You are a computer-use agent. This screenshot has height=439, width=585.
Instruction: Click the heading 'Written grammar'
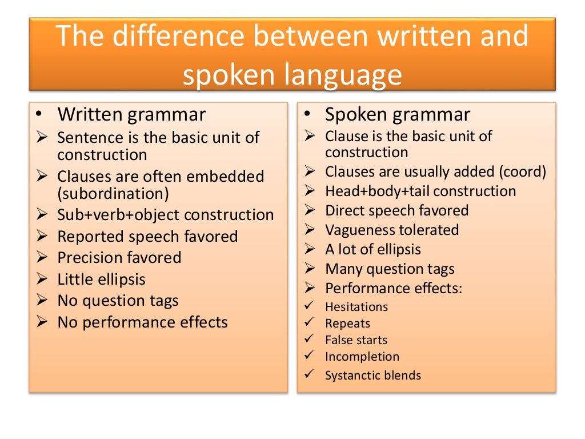click(x=131, y=114)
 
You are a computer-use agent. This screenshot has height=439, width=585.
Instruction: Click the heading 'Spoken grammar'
click(x=398, y=114)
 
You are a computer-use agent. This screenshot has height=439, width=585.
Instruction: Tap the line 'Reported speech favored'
click(x=147, y=236)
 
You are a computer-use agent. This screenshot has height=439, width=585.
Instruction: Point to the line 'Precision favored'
click(x=119, y=258)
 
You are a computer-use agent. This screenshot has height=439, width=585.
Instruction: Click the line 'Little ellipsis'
click(x=101, y=280)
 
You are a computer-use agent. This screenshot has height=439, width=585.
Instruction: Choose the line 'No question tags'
click(x=118, y=301)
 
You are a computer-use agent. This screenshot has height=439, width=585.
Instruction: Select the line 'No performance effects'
click(x=142, y=322)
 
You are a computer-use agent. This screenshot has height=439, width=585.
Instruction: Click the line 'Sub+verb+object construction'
click(x=166, y=215)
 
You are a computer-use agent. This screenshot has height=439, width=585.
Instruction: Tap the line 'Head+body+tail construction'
click(x=420, y=191)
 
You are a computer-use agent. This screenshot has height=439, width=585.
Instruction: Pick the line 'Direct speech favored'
click(x=396, y=210)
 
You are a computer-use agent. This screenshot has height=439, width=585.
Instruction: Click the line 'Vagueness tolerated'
click(x=392, y=230)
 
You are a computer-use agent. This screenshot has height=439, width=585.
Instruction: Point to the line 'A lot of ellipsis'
click(x=372, y=249)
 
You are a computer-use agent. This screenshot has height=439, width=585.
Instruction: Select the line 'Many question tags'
click(x=390, y=269)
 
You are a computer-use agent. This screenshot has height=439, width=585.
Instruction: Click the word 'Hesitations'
click(x=356, y=307)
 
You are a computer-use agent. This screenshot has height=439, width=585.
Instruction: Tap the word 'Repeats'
click(x=347, y=324)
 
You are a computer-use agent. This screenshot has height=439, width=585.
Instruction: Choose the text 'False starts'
click(x=356, y=340)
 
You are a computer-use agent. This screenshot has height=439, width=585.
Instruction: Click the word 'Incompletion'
click(x=362, y=357)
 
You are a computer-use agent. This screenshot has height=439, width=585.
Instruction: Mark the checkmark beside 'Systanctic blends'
click(x=309, y=374)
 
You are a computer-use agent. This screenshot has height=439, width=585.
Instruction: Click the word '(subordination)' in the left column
click(x=113, y=193)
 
